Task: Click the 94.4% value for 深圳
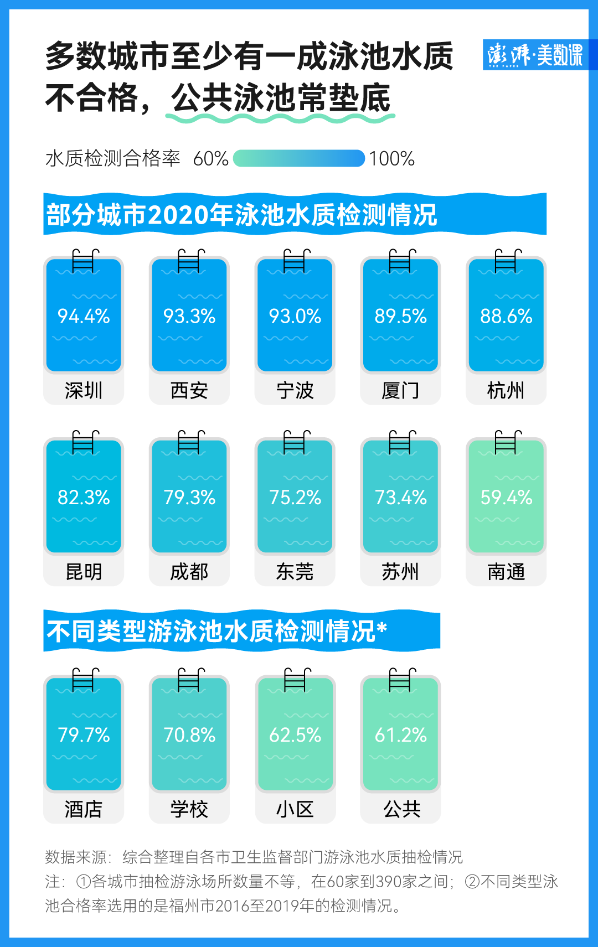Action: click(84, 316)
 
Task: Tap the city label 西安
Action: click(189, 391)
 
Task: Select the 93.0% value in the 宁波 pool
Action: click(295, 316)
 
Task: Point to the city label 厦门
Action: click(400, 391)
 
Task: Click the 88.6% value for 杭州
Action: click(506, 316)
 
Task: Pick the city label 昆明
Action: click(84, 572)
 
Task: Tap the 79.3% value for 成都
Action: click(189, 497)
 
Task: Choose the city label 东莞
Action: click(295, 572)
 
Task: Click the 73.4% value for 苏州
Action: click(400, 497)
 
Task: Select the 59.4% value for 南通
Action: click(506, 497)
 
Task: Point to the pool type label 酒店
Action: click(84, 809)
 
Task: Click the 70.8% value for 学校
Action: click(189, 735)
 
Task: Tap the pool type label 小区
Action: click(295, 809)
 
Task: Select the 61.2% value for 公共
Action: click(400, 735)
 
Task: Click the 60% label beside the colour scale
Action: click(210, 159)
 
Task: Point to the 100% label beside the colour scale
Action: click(391, 159)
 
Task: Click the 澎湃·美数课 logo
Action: click(535, 55)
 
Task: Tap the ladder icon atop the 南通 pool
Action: click(508, 442)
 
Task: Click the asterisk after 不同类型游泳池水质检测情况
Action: click(382, 627)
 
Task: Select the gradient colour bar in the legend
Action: click(299, 158)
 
